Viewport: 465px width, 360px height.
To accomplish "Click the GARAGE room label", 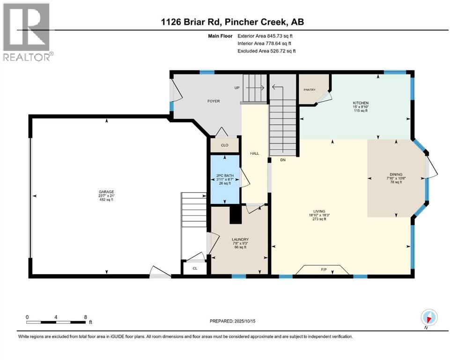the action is (106, 192).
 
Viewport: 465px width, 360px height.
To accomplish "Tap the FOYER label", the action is (214, 101).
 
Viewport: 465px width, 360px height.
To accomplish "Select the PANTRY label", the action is (310, 90).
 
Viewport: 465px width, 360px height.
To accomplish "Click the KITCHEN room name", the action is (361, 103).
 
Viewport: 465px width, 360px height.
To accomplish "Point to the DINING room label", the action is (396, 174).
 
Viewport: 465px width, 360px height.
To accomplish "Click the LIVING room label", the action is (319, 211).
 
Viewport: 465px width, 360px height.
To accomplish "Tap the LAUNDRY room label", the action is (240, 240).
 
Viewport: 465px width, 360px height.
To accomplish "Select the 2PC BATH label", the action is (225, 176).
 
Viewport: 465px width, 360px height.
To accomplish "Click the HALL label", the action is (254, 153).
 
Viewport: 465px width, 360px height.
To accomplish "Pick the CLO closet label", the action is (224, 145).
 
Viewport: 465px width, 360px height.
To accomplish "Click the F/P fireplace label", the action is (324, 270).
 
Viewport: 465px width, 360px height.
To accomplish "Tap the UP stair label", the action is (237, 88).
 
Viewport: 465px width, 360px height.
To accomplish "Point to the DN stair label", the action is (283, 160).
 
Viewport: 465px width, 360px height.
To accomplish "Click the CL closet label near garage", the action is (195, 268).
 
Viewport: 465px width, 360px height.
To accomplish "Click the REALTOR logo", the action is (28, 32).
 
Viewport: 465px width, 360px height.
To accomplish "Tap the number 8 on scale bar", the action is (85, 317).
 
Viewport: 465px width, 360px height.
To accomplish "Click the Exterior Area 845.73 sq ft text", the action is (265, 36).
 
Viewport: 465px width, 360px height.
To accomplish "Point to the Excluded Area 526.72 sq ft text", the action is (266, 51).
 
